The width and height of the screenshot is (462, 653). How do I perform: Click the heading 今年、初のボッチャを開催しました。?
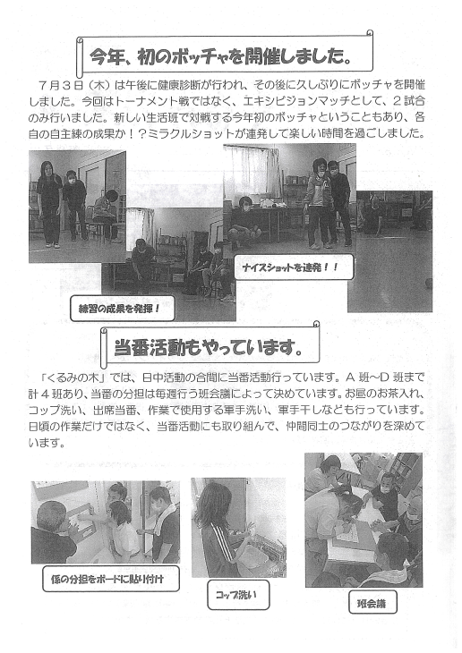(219, 56)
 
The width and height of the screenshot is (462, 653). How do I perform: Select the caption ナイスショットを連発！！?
(291, 267)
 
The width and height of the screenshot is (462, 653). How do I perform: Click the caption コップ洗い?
(236, 595)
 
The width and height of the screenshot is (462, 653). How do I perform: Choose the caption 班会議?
(372, 604)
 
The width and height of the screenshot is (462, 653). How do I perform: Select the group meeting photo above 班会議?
(364, 520)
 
